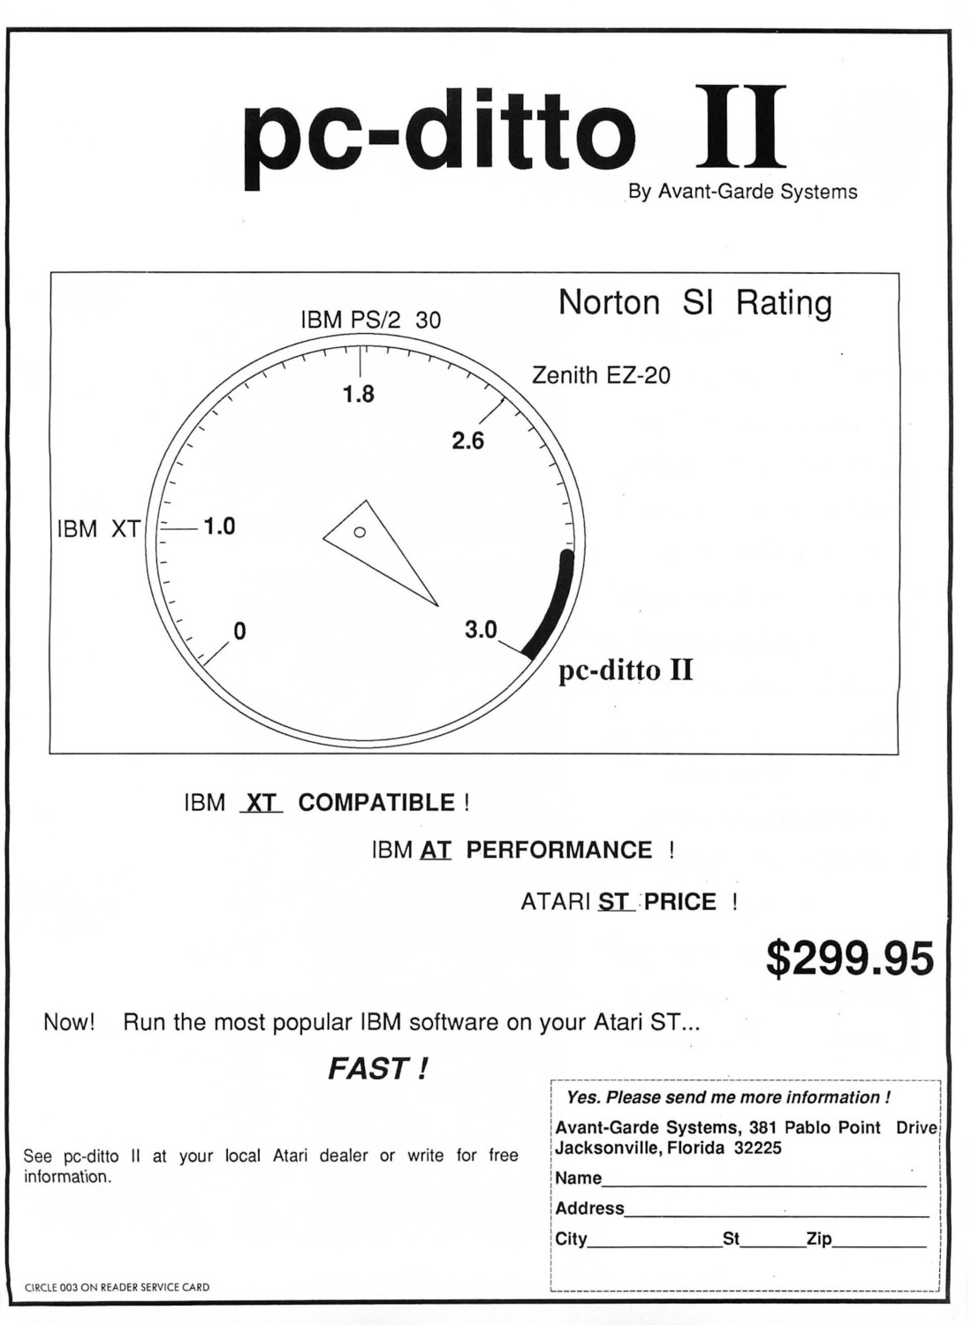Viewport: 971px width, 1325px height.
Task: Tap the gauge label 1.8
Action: [360, 394]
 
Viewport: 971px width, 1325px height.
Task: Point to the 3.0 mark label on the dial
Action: [481, 631]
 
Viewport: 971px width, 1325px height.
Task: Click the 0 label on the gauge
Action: [239, 632]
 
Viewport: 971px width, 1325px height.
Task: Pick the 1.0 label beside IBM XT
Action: [219, 526]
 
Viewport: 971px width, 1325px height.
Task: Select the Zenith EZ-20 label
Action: [601, 375]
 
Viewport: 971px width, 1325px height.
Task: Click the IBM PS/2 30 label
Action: [371, 320]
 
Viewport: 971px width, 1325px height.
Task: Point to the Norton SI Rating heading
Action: [695, 304]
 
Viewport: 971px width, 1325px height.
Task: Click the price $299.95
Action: [850, 959]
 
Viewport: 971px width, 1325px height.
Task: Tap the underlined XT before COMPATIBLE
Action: [262, 803]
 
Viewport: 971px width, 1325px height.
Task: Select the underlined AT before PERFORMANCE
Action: [436, 851]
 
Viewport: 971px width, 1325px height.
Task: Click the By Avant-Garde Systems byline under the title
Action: [742, 192]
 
